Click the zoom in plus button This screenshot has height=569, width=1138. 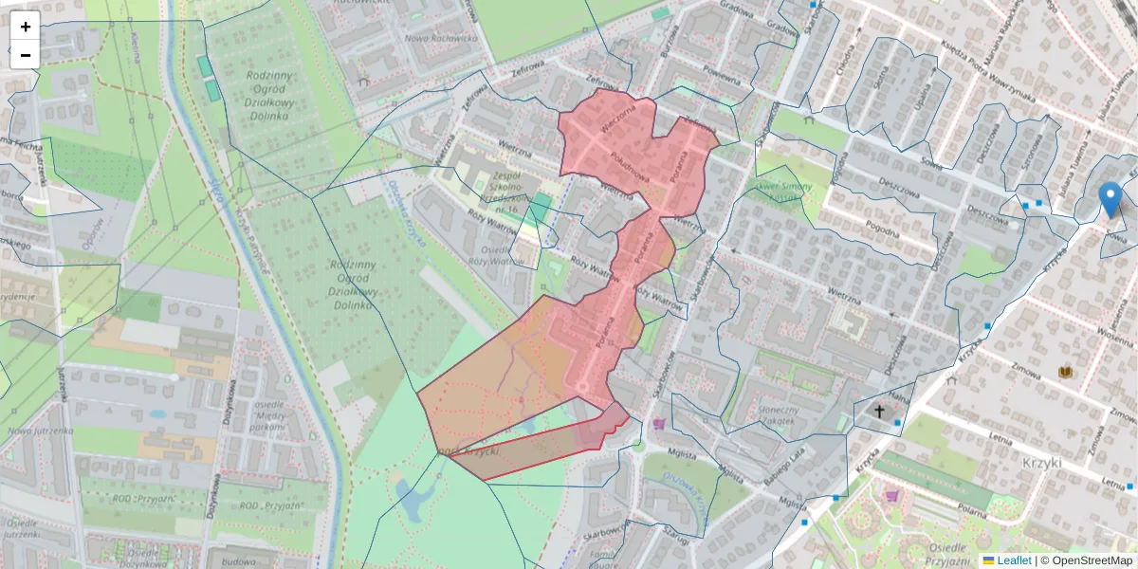click(x=26, y=27)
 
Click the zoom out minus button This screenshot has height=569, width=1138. click(x=26, y=55)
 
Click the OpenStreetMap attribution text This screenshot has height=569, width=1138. click(x=1092, y=560)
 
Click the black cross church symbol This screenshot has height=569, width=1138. click(x=879, y=412)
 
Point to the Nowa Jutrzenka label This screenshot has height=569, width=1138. click(x=41, y=431)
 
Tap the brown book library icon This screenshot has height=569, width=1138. click(x=1065, y=372)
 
